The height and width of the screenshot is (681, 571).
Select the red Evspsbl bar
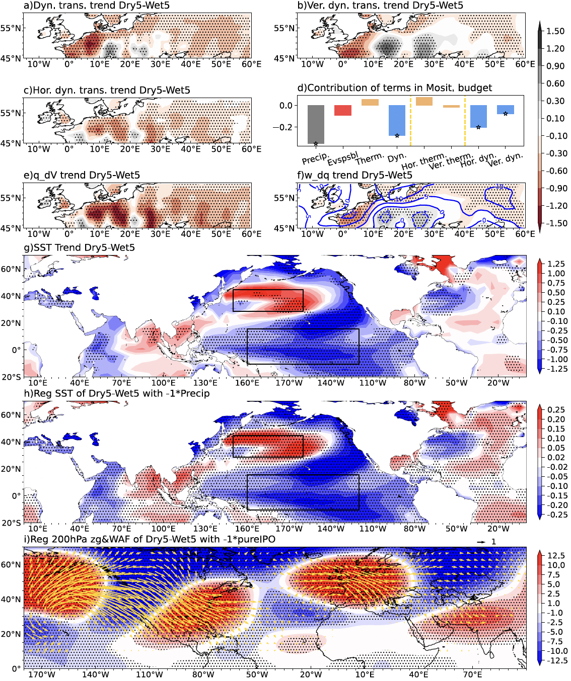(x=343, y=110)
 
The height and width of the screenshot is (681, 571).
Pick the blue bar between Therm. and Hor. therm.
(x=397, y=120)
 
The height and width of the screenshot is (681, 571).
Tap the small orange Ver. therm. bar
(x=451, y=106)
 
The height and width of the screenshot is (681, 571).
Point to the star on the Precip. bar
(x=316, y=144)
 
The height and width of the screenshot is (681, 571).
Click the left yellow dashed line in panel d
(x=411, y=121)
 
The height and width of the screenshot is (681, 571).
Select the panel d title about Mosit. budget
(x=394, y=88)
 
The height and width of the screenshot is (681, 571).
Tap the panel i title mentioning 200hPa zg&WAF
(x=150, y=539)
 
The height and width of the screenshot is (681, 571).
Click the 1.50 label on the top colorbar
(x=555, y=31)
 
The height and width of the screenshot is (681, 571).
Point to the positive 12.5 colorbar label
(x=556, y=556)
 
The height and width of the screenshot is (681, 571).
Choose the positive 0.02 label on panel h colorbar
(x=556, y=457)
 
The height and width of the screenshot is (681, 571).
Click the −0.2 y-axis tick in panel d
(x=285, y=127)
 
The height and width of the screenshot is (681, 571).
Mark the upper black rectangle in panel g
(x=268, y=300)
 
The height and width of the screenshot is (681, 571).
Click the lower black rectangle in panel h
(x=303, y=492)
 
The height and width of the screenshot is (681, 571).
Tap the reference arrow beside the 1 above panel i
(x=481, y=542)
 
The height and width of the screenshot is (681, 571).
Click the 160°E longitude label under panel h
(x=247, y=529)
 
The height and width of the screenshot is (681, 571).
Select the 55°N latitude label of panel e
(x=11, y=198)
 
